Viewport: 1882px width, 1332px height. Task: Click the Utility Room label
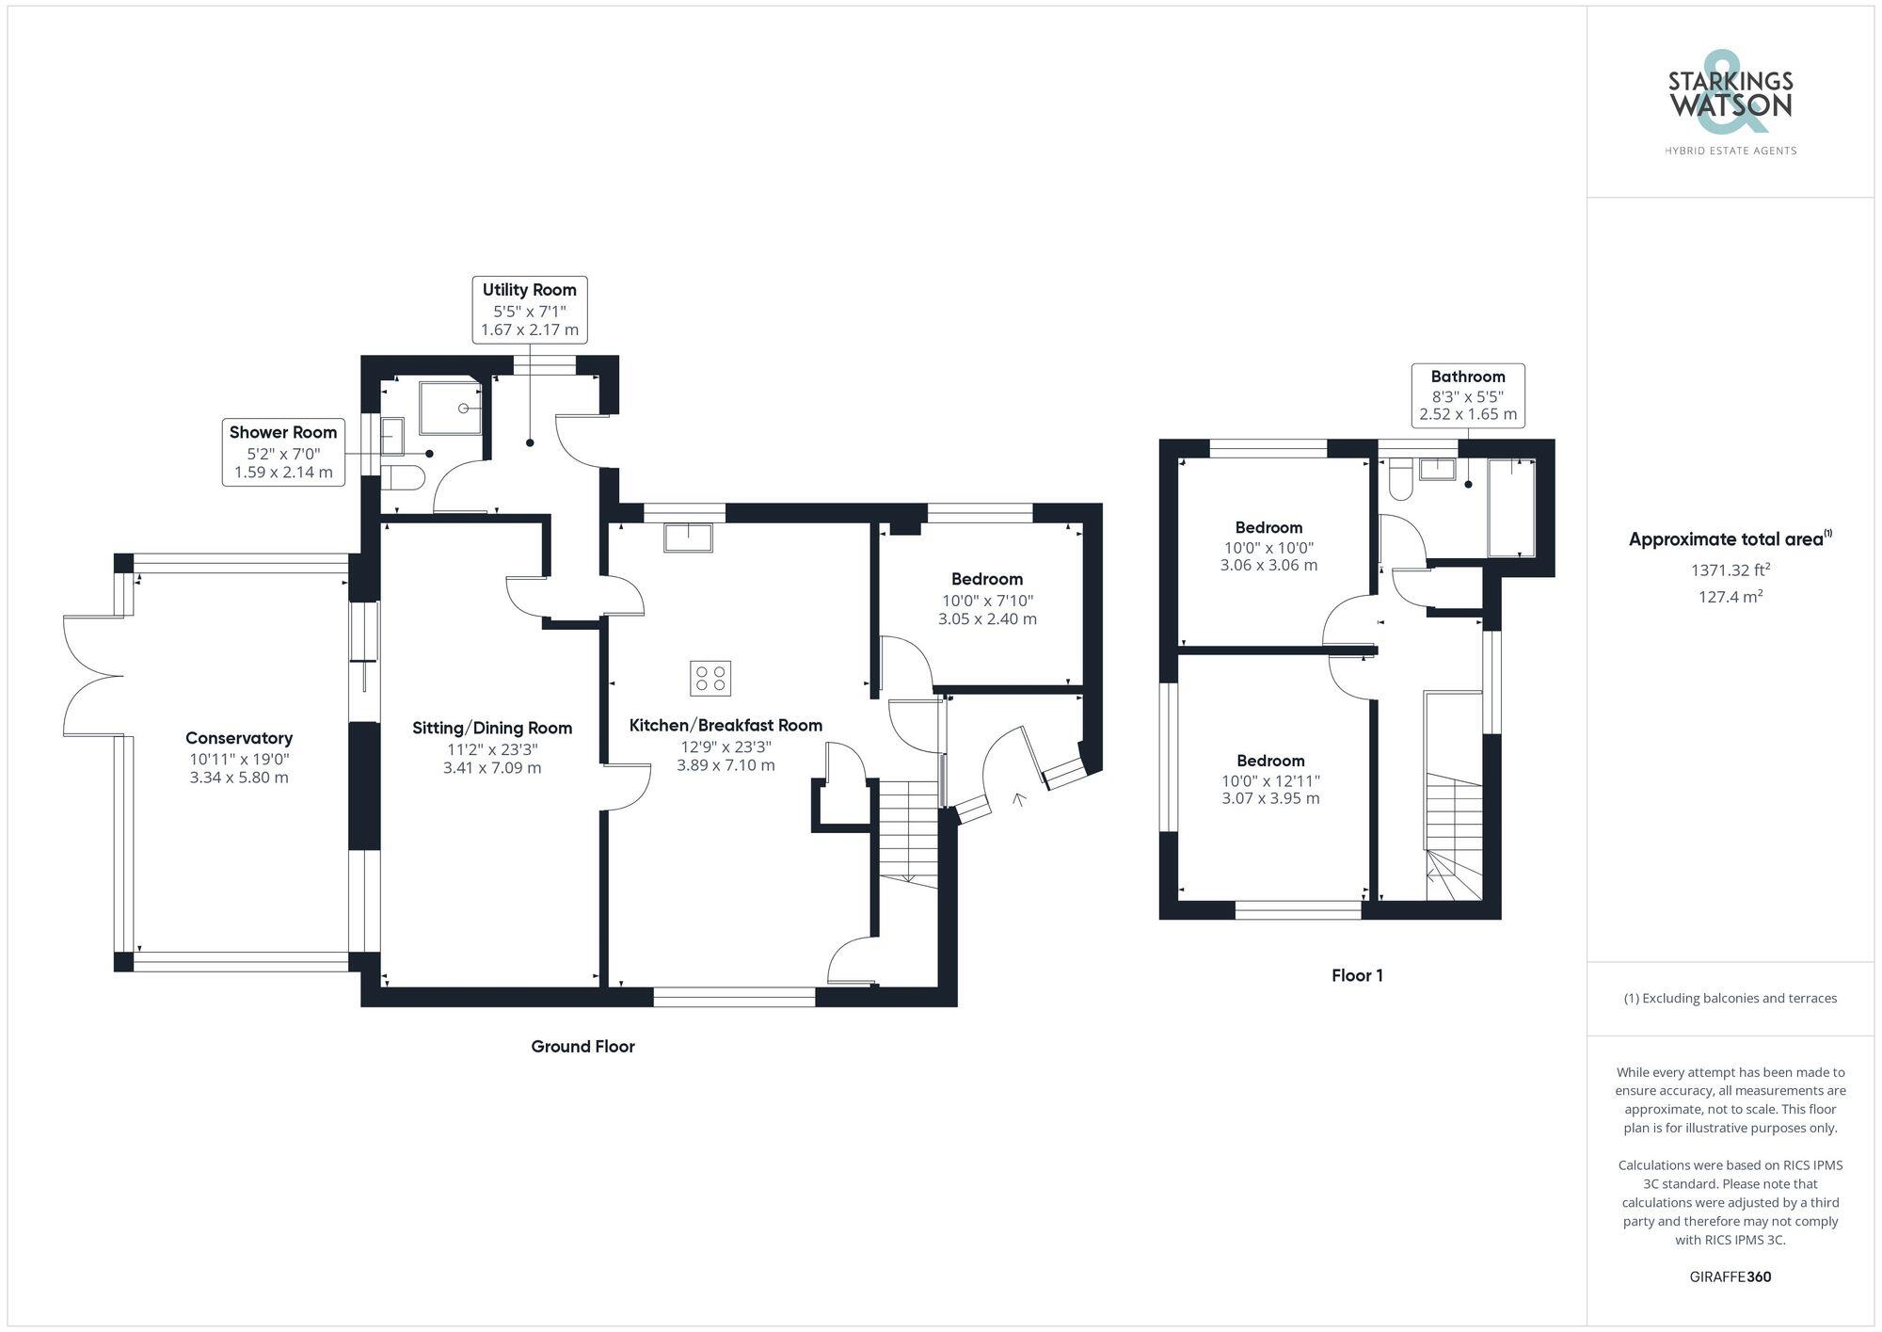click(x=529, y=290)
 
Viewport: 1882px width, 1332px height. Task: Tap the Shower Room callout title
click(x=283, y=432)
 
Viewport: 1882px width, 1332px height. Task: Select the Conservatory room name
click(x=239, y=738)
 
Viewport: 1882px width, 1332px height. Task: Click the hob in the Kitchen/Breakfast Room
click(x=710, y=678)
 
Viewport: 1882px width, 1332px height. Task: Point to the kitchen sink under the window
click(x=688, y=538)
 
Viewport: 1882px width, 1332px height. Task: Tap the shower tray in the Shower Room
click(x=451, y=409)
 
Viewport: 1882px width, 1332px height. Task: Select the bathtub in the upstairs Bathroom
click(x=1510, y=507)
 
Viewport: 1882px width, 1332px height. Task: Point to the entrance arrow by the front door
click(x=1018, y=800)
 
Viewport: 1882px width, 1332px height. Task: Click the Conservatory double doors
click(x=94, y=675)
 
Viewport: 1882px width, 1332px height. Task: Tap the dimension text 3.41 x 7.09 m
click(x=492, y=767)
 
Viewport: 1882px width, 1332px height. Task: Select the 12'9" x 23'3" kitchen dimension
click(x=726, y=746)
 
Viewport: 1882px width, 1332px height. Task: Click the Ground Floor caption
click(x=582, y=1046)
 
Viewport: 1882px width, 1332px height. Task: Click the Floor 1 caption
click(x=1357, y=975)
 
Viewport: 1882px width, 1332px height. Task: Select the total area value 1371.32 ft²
click(x=1730, y=570)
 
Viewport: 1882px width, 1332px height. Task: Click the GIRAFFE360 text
click(x=1730, y=1276)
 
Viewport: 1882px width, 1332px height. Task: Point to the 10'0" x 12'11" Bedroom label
click(x=1270, y=780)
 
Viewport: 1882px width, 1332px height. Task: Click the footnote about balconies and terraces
click(x=1730, y=998)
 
